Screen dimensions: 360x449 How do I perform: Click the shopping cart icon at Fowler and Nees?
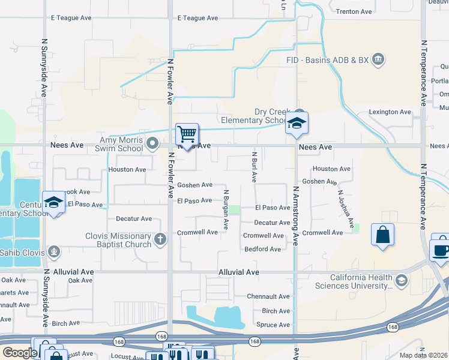click(187, 133)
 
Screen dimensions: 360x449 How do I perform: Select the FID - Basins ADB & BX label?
click(327, 59)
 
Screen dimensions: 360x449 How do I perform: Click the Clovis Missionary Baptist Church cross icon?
click(160, 239)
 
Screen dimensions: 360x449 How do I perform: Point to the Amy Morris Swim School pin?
click(152, 143)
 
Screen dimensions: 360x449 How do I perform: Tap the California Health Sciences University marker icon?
click(401, 280)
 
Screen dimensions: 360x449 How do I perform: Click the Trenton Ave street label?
click(354, 11)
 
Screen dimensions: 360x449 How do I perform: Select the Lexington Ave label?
click(390, 112)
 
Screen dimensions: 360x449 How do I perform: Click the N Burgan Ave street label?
click(226, 209)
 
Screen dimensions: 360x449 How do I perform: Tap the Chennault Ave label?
click(269, 296)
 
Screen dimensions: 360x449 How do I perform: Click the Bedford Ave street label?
click(262, 249)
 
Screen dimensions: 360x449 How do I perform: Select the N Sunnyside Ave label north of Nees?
click(44, 68)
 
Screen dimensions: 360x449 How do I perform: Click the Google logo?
click(20, 352)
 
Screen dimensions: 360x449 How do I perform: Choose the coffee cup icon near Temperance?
click(441, 250)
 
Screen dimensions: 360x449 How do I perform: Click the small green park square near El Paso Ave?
click(234, 209)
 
